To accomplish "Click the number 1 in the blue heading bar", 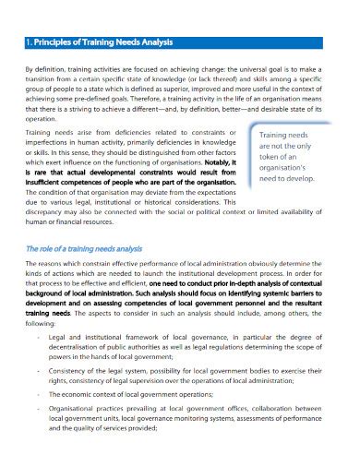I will pyautogui.click(x=29, y=42).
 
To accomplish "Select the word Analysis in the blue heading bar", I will pyautogui.click(x=174, y=42).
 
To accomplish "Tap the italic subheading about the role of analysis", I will pyautogui.click(x=83, y=249).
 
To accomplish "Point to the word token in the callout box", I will pyautogui.click(x=262, y=157).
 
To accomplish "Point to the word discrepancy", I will pyautogui.click(x=47, y=211).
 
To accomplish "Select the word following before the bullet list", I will pyautogui.click(x=42, y=321).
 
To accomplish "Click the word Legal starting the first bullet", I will pyautogui.click(x=58, y=337).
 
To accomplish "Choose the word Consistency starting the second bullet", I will pyautogui.click(x=69, y=371).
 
